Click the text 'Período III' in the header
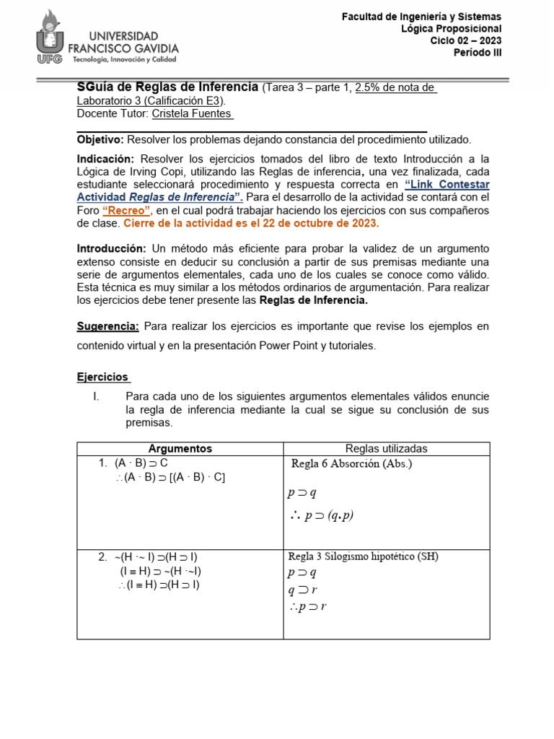tap(477, 53)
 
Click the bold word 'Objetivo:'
tap(100, 139)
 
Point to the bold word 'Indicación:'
tap(105, 159)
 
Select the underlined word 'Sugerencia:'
tap(107, 326)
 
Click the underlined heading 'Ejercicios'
tap(102, 377)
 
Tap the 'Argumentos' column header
tap(180, 449)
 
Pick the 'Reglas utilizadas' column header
tap(386, 449)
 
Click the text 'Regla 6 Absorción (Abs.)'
tap(351, 464)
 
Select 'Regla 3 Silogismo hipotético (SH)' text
tap(363, 556)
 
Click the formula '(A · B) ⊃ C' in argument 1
tap(141, 463)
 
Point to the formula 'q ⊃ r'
tap(303, 590)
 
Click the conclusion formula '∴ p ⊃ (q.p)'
tap(320, 515)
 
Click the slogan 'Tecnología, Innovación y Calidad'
tap(123, 59)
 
